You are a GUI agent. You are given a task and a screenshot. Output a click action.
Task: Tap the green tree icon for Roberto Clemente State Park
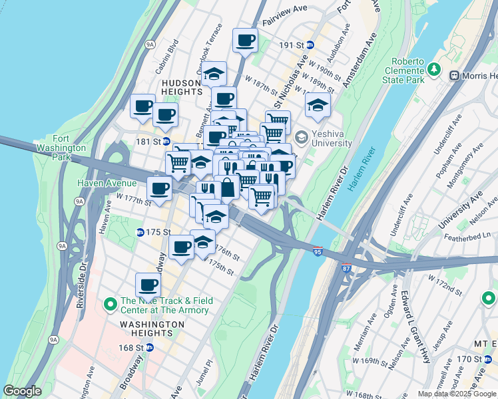pyautogui.click(x=434, y=69)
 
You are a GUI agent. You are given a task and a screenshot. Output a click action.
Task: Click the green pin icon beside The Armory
pyautogui.click(x=111, y=305)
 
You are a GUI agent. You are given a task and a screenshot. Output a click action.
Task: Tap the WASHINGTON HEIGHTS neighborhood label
pyautogui.click(x=152, y=324)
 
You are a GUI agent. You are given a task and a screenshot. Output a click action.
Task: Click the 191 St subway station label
pyautogui.click(x=295, y=45)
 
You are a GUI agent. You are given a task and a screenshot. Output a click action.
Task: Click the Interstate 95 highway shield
pyautogui.click(x=318, y=251)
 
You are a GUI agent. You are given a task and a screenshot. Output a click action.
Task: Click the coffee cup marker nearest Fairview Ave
pyautogui.click(x=245, y=41)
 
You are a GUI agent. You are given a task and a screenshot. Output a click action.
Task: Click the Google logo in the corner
pyautogui.click(x=23, y=391)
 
